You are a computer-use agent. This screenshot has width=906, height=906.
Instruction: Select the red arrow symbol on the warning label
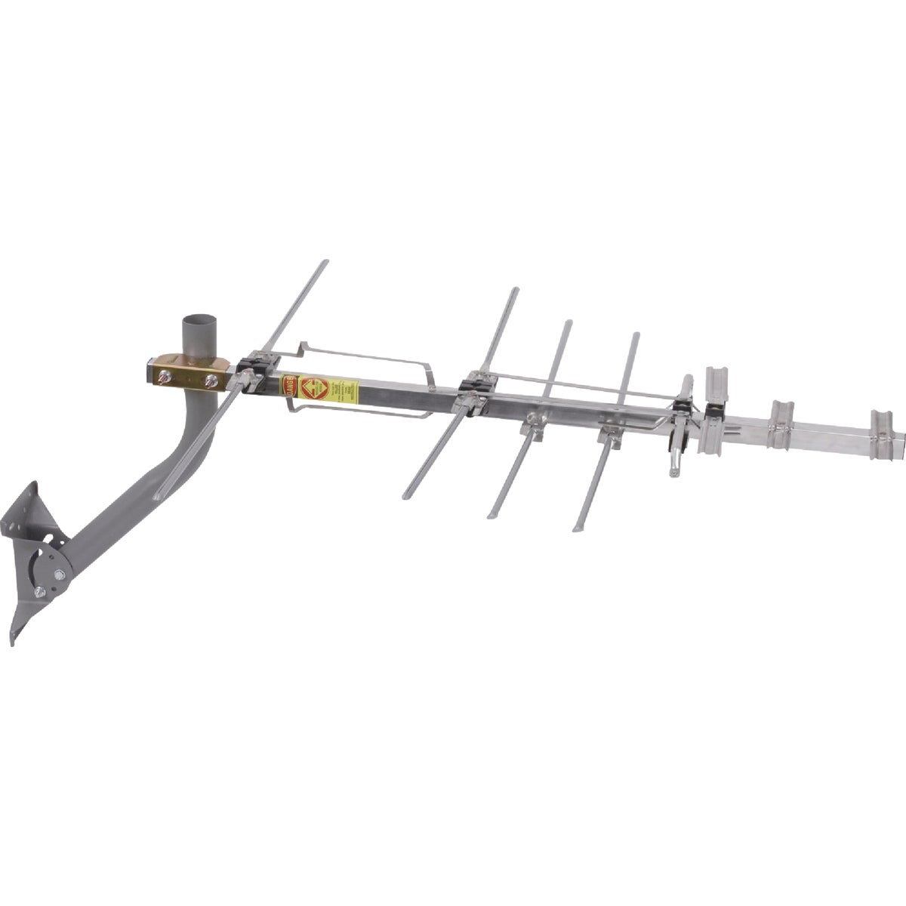tap(309, 390)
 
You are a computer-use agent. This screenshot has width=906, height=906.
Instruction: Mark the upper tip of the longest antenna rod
tap(325, 263)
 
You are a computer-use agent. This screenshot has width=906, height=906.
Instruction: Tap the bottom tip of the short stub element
tap(676, 473)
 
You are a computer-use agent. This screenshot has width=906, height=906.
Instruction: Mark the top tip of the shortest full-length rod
tap(636, 334)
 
